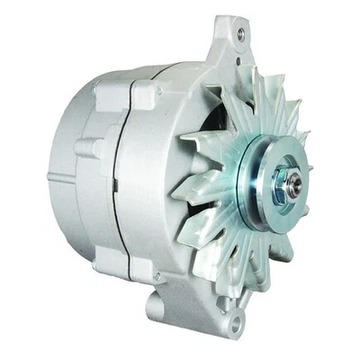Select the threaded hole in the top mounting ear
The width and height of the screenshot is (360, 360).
(239, 34)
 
